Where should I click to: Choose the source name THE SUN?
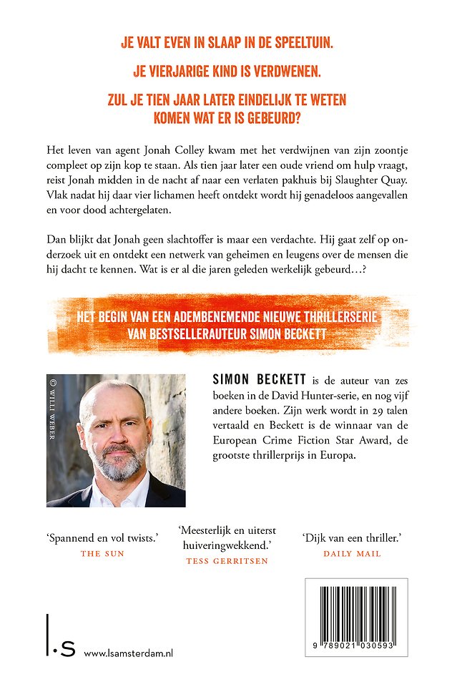[102, 553]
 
